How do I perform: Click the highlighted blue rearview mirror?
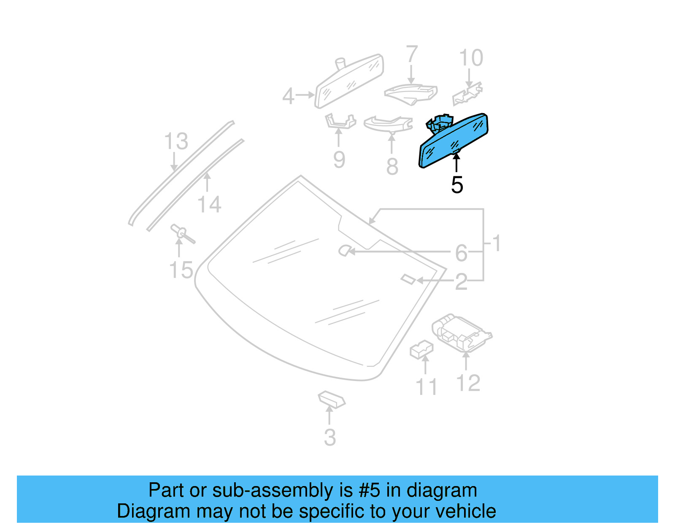tap(454, 141)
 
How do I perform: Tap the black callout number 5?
tap(457, 185)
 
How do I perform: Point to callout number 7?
tap(412, 54)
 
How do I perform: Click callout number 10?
tap(471, 58)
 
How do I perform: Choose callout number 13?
tap(176, 141)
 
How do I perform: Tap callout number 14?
tap(209, 204)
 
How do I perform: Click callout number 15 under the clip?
tap(181, 270)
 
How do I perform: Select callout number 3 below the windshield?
tap(330, 438)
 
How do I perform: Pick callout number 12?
tap(468, 383)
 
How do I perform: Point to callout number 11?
tap(427, 387)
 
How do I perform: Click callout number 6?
tap(461, 253)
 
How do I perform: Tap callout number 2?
tap(461, 282)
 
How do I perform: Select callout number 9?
tap(339, 160)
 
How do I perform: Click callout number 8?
tap(392, 166)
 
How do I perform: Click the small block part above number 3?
tap(332, 400)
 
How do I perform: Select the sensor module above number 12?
tap(462, 333)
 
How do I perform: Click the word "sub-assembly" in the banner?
tap(282, 490)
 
